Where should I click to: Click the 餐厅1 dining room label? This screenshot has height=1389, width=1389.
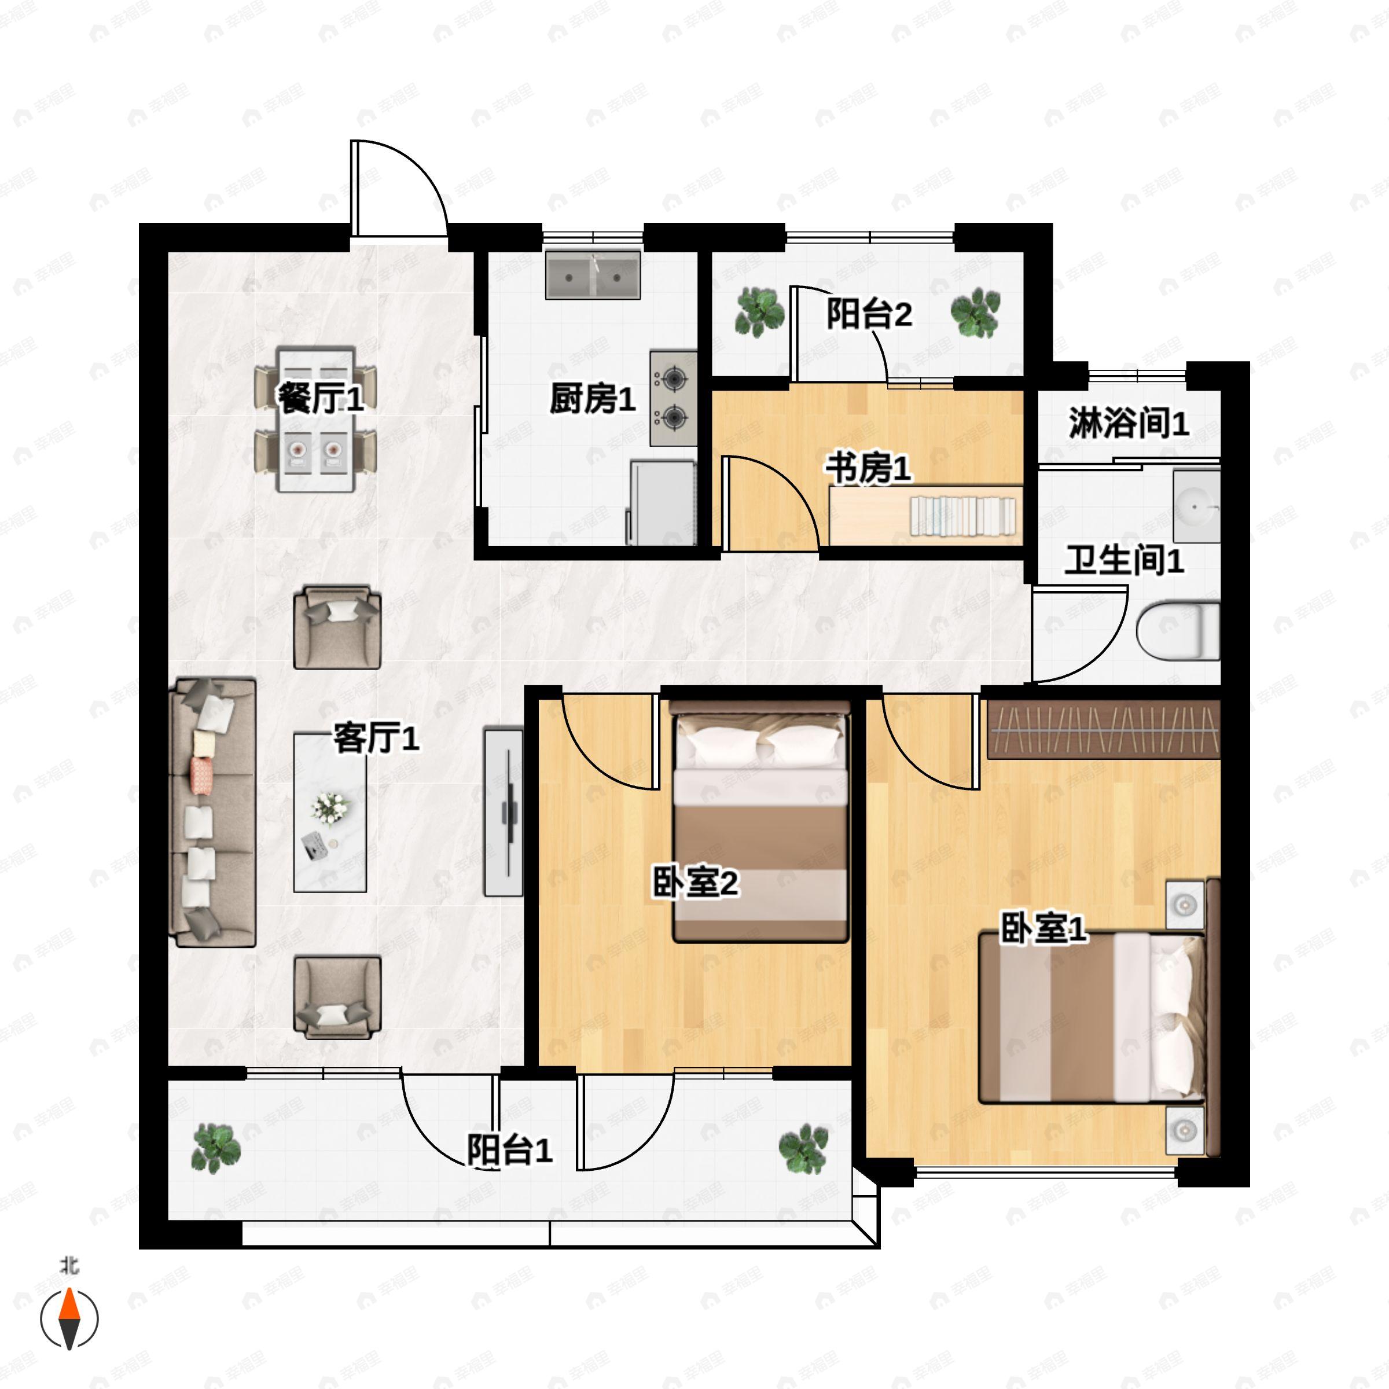320,398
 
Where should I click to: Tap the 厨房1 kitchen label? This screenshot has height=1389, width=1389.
593,398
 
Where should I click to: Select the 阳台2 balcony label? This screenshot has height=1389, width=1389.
869,314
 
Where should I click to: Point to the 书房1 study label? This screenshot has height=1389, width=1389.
868,469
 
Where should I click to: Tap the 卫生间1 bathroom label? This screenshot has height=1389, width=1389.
1124,560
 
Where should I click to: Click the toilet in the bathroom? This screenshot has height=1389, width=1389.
1179,630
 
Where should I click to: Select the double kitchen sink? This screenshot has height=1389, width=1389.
593,275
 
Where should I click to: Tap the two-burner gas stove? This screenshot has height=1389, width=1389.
674,398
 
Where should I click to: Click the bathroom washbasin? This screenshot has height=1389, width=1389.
1196,506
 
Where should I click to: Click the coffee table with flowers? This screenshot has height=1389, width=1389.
330,813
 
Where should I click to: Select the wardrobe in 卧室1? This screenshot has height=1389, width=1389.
1104,730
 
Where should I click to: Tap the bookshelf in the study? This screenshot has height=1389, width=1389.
964,516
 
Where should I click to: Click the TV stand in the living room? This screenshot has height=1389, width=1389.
504,813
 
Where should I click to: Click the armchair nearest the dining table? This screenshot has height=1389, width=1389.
337,627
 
